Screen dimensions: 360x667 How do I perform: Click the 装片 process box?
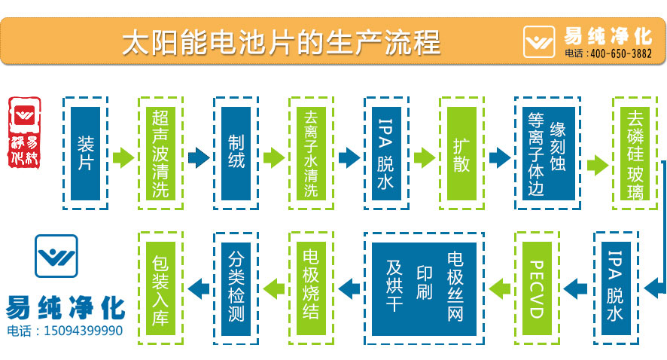coord(85,154)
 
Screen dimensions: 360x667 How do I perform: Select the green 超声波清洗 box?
coord(160,154)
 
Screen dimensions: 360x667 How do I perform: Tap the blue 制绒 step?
coord(236,154)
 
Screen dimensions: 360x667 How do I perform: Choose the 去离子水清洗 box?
coord(311,154)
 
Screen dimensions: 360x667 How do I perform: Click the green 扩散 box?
coord(461,154)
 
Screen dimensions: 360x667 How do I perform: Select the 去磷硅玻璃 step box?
coord(635,154)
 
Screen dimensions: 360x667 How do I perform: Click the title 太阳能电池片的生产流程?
coord(280,42)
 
